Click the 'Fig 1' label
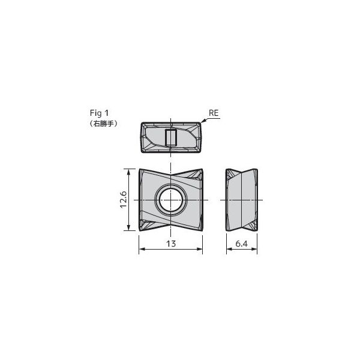pos(99,113)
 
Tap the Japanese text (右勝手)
pos(104,124)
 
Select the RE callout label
pos(214,113)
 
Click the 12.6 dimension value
pos(124,200)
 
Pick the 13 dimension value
pos(171,244)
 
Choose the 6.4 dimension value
pos(242,244)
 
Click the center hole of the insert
pos(171,200)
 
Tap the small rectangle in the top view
pos(171,137)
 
